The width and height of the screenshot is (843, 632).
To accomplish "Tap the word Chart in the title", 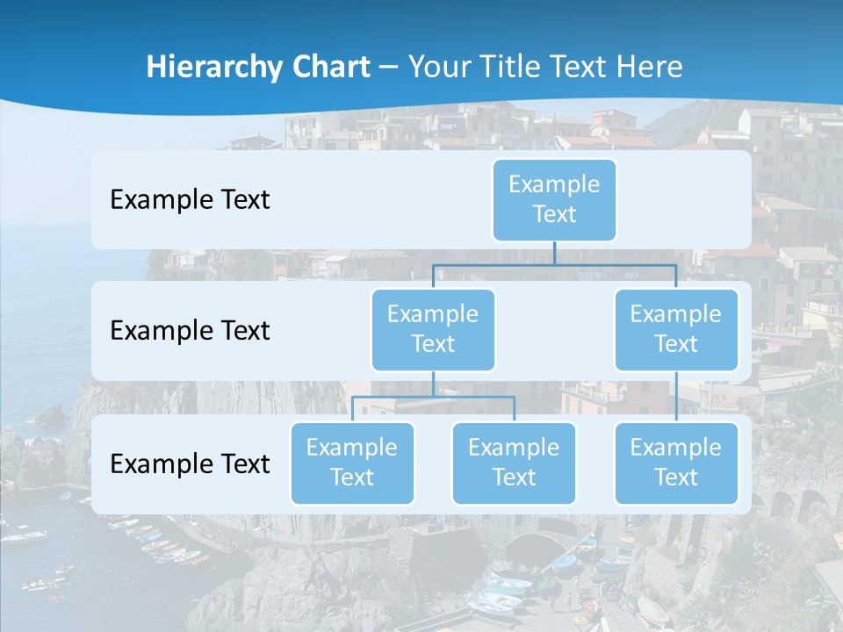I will pos(331,68).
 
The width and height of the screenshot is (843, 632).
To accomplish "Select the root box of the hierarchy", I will pos(554,199).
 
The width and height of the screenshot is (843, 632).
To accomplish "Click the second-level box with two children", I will pos(433,329).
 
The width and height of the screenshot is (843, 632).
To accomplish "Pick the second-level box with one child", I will pos(676,329).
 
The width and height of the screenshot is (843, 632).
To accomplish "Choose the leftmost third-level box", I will pos(352,463).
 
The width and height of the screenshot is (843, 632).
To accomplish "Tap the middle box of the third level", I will pos(514,463).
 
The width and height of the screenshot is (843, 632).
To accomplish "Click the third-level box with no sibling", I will pos(676,463).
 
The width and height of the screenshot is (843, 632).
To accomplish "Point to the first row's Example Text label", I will pos(190,200).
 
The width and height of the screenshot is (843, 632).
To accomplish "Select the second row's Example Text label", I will pos(190,331).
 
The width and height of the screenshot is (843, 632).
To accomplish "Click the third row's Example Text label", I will pos(190,463).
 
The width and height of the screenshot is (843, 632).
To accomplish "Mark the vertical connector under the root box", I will pos(554,253).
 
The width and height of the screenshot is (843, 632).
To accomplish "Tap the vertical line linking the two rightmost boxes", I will pos(676,396).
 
